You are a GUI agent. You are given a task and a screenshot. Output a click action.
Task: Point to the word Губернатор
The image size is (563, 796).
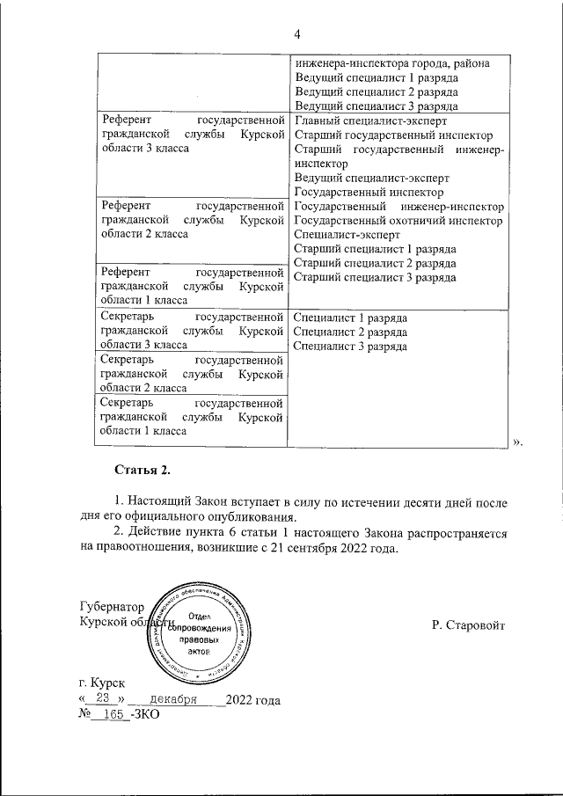pyautogui.click(x=110, y=607)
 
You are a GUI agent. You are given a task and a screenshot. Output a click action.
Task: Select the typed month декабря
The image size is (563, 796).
pyautogui.click(x=173, y=699)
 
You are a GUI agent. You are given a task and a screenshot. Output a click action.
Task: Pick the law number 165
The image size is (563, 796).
pyautogui.click(x=112, y=716)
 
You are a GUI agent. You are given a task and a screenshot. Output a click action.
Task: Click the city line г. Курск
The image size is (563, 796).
pyautogui.click(x=102, y=683)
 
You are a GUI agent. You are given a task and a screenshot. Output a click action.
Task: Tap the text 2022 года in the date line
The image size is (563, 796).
pyautogui.click(x=253, y=700)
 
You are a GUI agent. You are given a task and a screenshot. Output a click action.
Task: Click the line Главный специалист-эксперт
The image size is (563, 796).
pyautogui.click(x=372, y=120)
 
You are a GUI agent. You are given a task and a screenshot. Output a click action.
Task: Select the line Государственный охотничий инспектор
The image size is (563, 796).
pyautogui.click(x=398, y=221)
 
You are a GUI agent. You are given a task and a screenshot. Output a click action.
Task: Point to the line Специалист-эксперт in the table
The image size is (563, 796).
pyautogui.click(x=346, y=235)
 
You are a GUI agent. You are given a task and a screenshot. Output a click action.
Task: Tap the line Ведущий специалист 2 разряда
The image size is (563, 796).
pyautogui.click(x=376, y=91)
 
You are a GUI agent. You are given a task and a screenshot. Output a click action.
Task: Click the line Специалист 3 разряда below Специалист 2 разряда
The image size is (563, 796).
pyautogui.click(x=349, y=346)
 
